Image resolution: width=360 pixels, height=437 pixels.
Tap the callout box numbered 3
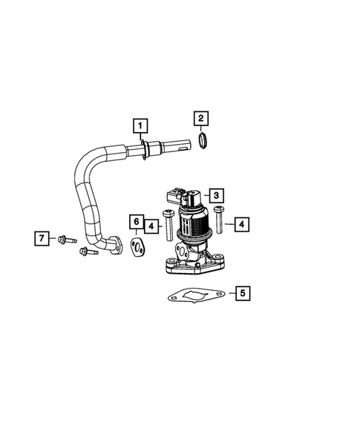(215, 195)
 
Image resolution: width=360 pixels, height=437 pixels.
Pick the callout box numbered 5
(242, 293)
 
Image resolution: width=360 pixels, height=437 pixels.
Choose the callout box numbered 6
(137, 222)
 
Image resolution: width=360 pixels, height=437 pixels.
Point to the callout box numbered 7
(42, 238)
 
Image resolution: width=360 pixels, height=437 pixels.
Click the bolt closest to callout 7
(64, 239)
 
